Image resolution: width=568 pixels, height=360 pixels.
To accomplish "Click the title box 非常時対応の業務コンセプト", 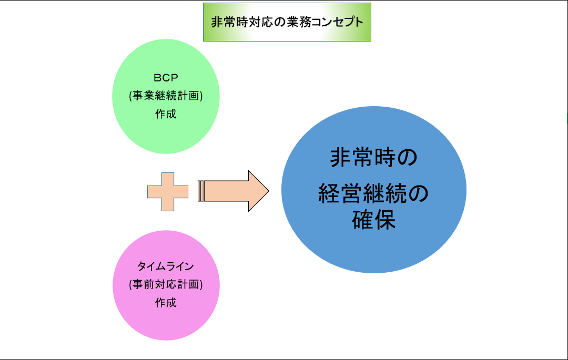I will click(x=287, y=22).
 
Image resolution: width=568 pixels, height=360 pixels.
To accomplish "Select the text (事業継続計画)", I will click(x=166, y=96).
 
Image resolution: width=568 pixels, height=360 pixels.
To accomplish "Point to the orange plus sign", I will click(x=167, y=191).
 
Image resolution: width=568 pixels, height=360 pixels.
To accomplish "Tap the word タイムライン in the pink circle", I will click(x=166, y=266).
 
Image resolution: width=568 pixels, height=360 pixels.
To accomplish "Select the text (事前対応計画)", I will click(x=166, y=284).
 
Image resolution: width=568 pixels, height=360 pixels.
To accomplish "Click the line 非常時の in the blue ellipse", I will click(x=373, y=157).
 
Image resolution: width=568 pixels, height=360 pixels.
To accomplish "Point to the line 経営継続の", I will click(x=373, y=194).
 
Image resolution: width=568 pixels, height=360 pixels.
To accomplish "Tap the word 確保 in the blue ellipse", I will click(x=373, y=220).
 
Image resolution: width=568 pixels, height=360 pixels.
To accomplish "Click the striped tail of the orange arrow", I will click(x=200, y=191).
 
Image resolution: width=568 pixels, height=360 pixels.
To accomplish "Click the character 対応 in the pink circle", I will click(x=166, y=284).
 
